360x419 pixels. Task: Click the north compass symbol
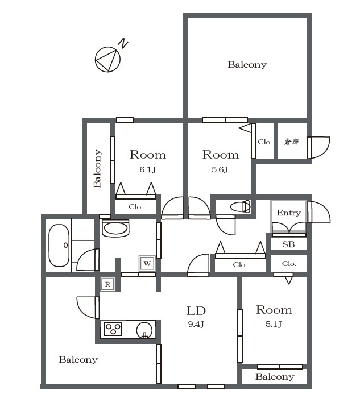pos(107,59)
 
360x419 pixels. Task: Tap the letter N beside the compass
pos(123,43)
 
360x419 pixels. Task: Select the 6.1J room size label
pos(147,169)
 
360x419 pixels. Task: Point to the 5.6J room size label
pos(220,169)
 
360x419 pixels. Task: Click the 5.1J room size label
pos(274,324)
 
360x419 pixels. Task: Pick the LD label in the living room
pos(196,311)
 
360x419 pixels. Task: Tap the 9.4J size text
pos(196,324)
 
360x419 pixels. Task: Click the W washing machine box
pos(147,263)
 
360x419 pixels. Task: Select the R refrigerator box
pos(107,284)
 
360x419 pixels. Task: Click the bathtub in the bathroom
pos(59,245)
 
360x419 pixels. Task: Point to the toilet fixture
pos(240,206)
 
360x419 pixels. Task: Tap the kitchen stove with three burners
pos(113,329)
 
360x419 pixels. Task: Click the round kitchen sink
pos(144,330)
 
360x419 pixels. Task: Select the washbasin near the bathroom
pos(115,229)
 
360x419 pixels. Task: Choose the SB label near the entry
pos(288,244)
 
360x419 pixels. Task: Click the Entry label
pos(289,213)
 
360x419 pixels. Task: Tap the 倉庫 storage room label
pos(292,142)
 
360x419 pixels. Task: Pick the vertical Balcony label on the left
pos(97,168)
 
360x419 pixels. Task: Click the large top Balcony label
pos(247,65)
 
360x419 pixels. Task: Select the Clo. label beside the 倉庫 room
pos(264,142)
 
